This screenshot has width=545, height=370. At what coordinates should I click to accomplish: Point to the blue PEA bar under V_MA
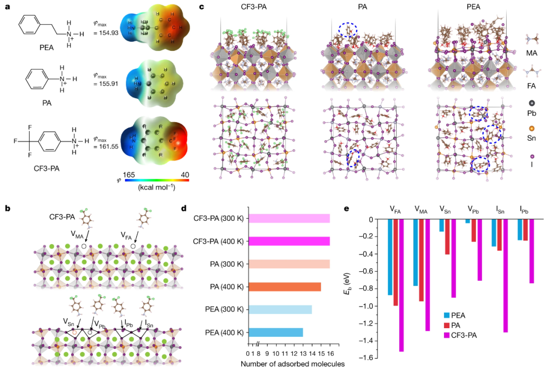coord(415,253)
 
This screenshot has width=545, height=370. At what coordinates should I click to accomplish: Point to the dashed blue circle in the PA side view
coord(350,30)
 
